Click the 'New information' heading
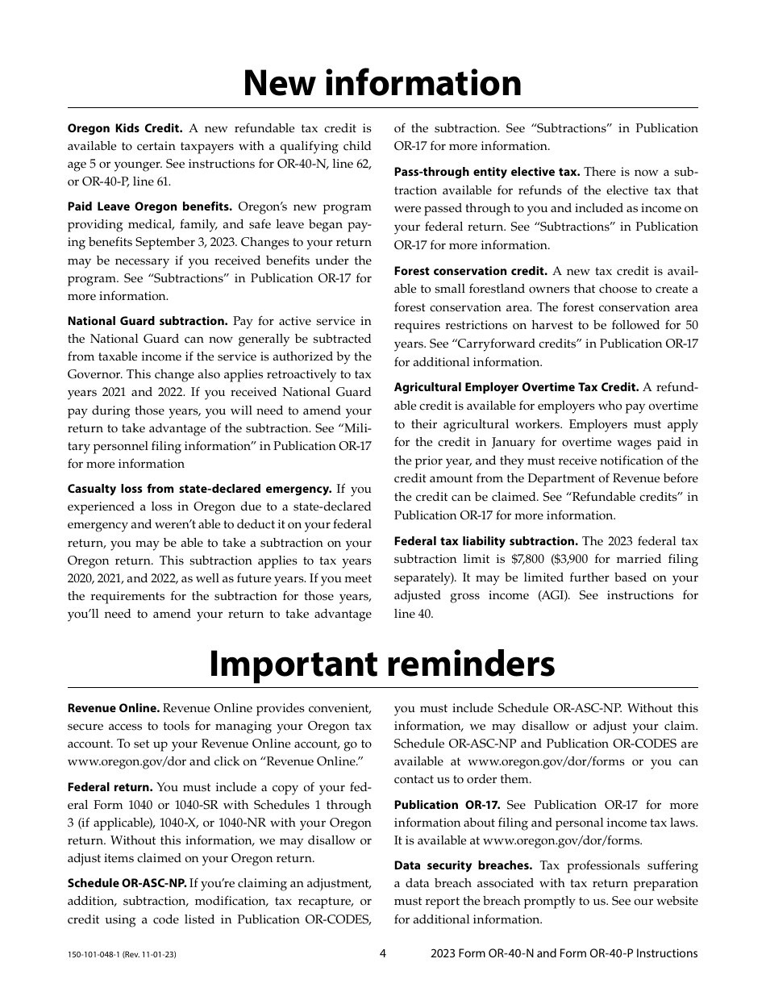(x=382, y=83)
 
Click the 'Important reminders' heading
(x=382, y=664)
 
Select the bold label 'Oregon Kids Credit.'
(x=125, y=128)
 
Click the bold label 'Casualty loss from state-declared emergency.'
(x=199, y=489)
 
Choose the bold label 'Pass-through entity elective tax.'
(x=486, y=172)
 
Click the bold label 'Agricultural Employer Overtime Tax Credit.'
(x=516, y=388)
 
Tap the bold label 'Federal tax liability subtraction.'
(x=485, y=541)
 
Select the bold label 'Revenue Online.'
(x=114, y=708)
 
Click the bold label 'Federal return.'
(x=110, y=787)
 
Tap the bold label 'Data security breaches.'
(x=463, y=865)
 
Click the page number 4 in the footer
(x=383, y=953)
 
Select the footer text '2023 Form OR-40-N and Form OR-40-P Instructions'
(x=564, y=953)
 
